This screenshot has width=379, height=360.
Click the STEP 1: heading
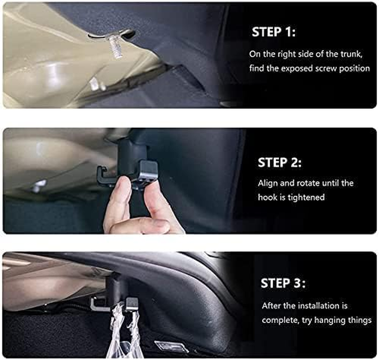[x=274, y=32]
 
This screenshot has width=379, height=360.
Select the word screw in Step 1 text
[x=337, y=68]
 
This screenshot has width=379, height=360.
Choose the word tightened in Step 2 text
[x=307, y=197]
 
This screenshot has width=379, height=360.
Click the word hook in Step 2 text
[x=267, y=197]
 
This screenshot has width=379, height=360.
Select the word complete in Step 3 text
[x=279, y=320]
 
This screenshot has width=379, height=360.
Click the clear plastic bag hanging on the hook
[x=121, y=333]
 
